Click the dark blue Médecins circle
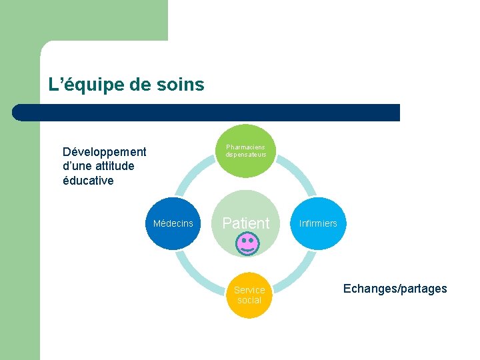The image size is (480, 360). pos(173,223)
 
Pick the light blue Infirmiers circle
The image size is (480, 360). pos(318,223)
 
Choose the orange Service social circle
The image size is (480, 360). pos(249,295)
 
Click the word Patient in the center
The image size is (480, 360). pos(246,223)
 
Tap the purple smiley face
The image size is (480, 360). pos(247,243)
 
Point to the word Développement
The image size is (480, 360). pos(104,151)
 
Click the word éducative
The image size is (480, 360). pos(88,181)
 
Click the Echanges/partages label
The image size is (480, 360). pos(395,289)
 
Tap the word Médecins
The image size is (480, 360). pos(173,223)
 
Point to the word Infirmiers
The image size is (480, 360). pos(318,223)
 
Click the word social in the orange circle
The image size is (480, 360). pos(249,300)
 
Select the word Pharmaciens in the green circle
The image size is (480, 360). pos(245,147)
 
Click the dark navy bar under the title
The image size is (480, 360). pos(207,112)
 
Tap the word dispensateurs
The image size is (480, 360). pos(245,155)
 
